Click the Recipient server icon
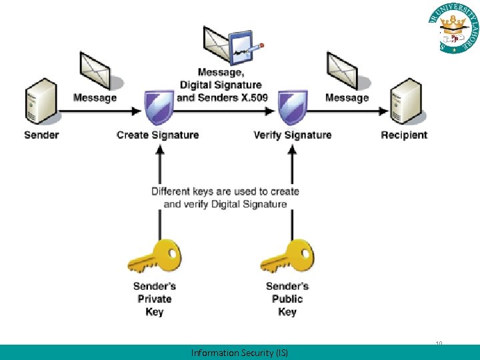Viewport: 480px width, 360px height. point(406,101)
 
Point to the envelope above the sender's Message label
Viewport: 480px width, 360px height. point(94,69)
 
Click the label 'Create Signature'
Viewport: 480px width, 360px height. point(157,135)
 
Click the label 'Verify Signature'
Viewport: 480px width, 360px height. point(292,135)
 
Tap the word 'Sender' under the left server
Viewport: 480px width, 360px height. point(41,135)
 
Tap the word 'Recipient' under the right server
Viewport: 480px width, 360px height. point(404,135)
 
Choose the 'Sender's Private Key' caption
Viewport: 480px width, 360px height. point(155,299)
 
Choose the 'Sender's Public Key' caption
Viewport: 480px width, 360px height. point(287,299)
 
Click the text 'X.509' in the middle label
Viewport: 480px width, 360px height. point(253,97)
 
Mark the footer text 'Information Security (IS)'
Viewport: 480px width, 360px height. point(239,353)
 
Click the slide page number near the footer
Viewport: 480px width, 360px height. point(439,344)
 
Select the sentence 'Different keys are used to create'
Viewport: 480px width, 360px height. point(225,191)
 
